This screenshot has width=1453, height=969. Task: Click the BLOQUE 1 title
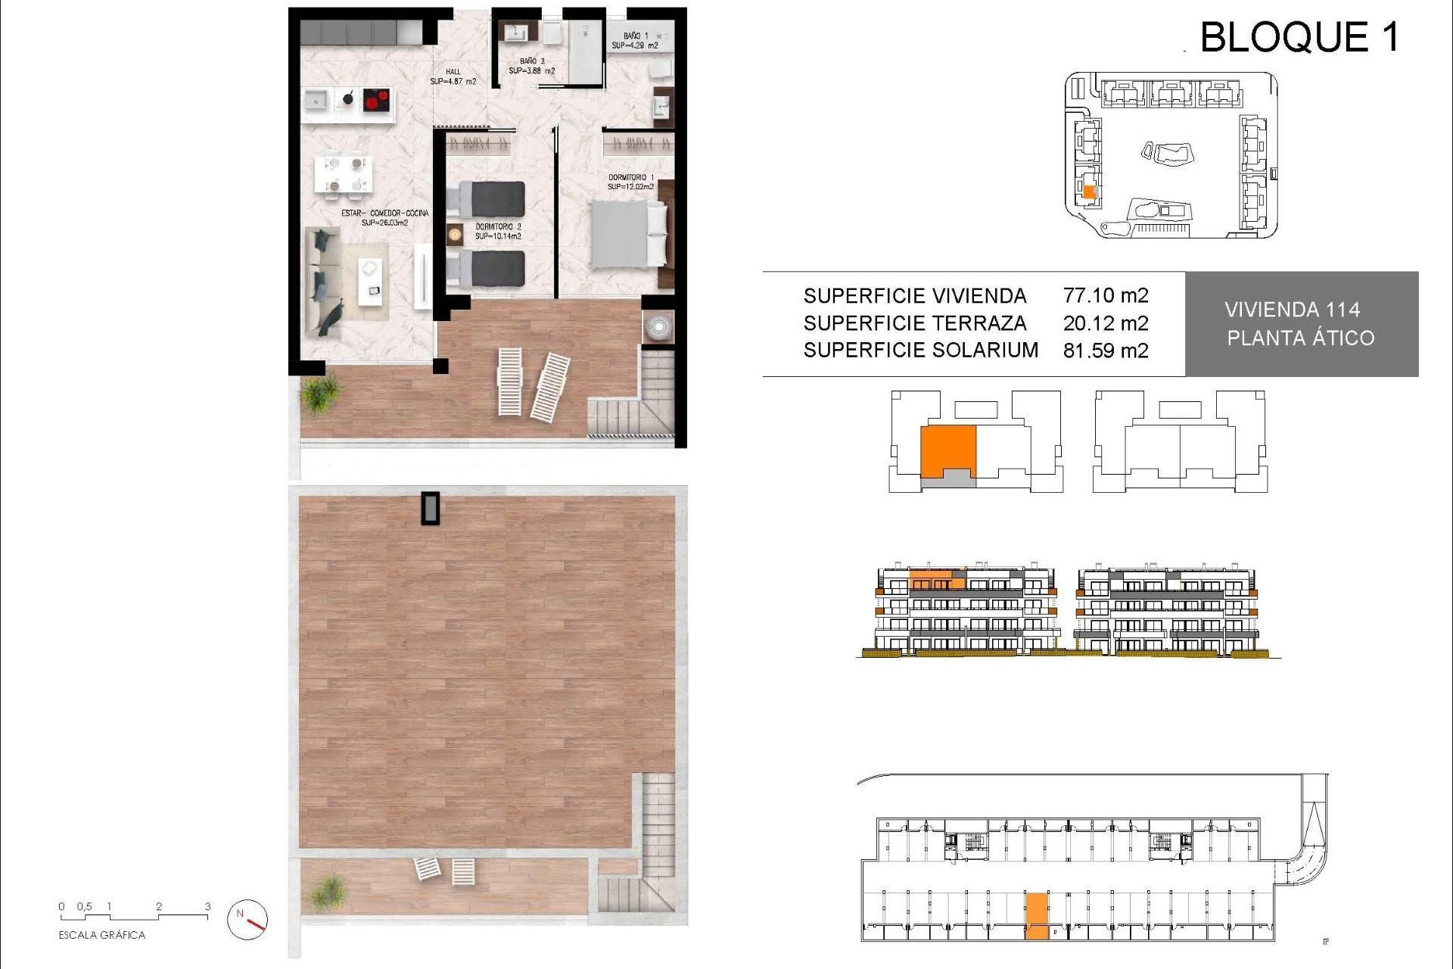[1299, 37]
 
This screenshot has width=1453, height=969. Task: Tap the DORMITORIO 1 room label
[630, 182]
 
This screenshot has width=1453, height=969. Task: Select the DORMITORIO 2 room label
[498, 232]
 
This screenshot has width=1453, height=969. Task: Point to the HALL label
[453, 76]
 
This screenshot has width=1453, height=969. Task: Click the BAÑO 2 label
[531, 66]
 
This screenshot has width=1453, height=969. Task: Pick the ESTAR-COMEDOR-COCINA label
[384, 218]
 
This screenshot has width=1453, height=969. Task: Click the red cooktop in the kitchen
[377, 99]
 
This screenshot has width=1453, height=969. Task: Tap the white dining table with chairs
[344, 173]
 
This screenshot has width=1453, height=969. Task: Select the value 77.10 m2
[1106, 295]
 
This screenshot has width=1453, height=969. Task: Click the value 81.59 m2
[1106, 351]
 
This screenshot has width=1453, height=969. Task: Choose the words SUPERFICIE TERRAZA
[915, 323]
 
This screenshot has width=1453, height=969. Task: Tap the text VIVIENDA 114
[1292, 310]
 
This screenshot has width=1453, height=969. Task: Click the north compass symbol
[247, 918]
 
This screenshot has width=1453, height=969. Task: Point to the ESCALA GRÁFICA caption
[102, 935]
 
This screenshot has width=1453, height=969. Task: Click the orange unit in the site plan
[1089, 192]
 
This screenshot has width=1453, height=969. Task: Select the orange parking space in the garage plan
[1037, 916]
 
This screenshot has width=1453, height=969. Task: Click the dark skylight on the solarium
[431, 508]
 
